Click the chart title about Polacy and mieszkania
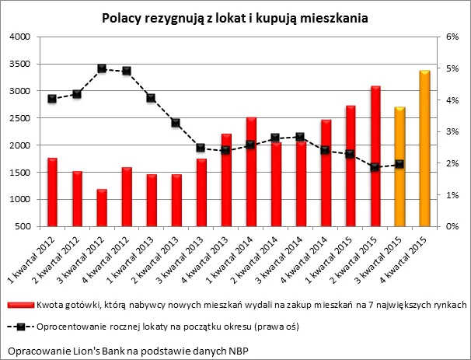(235, 16)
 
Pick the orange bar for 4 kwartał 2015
(424, 149)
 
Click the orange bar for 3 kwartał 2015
(399, 167)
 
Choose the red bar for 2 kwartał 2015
(375, 156)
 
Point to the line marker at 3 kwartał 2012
(102, 68)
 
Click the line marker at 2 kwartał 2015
(375, 167)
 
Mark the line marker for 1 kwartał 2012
(53, 99)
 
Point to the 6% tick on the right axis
(452, 37)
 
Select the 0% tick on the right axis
(452, 226)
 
